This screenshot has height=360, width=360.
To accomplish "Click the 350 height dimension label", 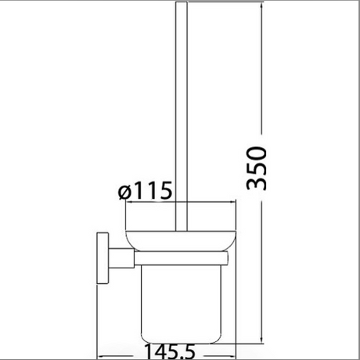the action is pyautogui.click(x=257, y=168).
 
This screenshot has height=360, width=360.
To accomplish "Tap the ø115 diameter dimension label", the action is pyautogui.click(x=146, y=190).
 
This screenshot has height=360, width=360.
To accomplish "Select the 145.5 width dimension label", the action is pyautogui.click(x=170, y=352).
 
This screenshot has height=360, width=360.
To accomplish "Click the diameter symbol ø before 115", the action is pyautogui.click(x=124, y=193).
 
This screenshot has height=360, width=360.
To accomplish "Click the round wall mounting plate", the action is pyautogui.click(x=103, y=258).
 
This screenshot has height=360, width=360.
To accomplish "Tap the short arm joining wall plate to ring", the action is pyautogui.click(x=121, y=258).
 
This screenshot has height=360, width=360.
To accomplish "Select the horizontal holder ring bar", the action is pyautogui.click(x=181, y=258).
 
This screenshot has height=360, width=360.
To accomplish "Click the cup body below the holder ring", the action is pyautogui.click(x=181, y=304).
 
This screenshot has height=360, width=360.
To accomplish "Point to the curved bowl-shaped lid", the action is pyautogui.click(x=181, y=242).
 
